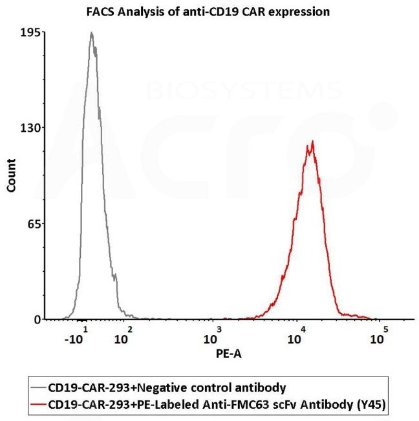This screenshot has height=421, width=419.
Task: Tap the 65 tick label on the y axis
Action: coord(34,224)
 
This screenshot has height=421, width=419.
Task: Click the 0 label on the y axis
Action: coord(38,320)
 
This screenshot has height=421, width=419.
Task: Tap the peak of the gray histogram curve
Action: coord(92,33)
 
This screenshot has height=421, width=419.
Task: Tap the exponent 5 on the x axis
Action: coord(385,330)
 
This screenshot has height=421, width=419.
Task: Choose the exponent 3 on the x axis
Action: coord(219,330)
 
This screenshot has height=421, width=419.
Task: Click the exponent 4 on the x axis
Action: coord(303,330)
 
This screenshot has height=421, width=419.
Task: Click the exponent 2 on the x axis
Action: coord(130,330)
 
